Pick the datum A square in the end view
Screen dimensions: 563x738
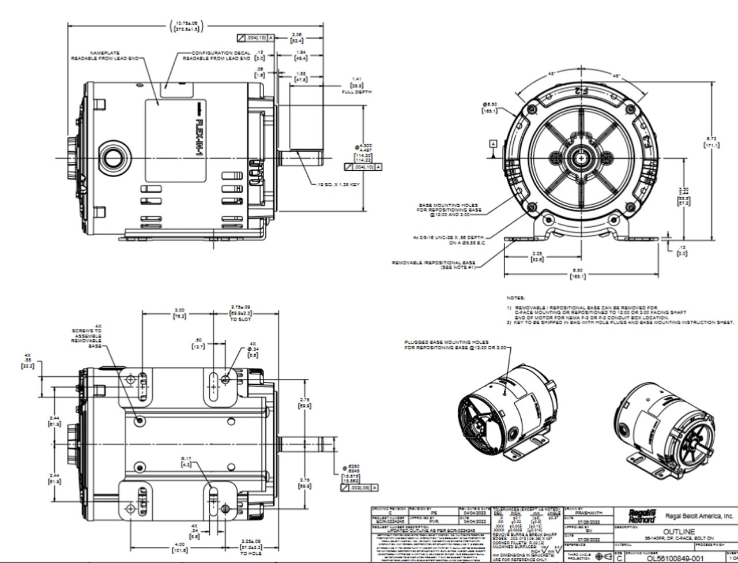pyautogui.click(x=492, y=143)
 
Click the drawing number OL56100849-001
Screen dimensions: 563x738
pyautogui.click(x=668, y=557)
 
